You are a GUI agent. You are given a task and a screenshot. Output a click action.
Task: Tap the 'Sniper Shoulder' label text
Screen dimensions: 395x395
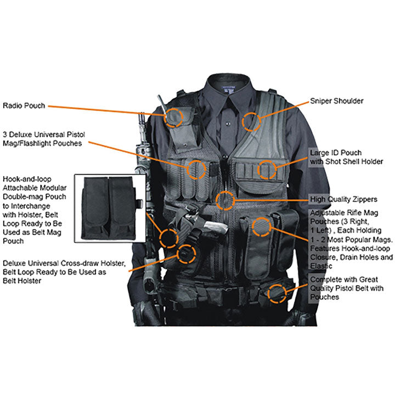point(336,101)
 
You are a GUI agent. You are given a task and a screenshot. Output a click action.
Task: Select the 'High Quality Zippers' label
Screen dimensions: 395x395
point(343,199)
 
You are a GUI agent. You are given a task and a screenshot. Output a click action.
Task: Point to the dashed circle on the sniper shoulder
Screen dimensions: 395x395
point(252,121)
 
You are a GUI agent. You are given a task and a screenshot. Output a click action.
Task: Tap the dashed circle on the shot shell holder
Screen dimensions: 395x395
point(268,169)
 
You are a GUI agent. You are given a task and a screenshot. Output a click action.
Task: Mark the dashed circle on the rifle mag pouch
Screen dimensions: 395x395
point(261,225)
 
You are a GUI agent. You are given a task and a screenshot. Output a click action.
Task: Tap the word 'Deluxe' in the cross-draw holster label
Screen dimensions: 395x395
point(15,263)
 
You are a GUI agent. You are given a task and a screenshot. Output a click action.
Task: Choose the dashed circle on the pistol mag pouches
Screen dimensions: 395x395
point(196,169)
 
